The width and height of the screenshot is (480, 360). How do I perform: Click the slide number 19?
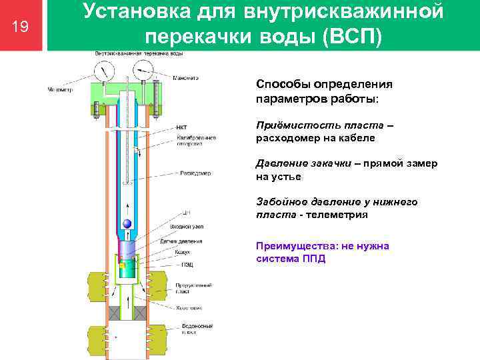[21, 26]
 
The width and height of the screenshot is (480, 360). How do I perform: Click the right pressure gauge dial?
[141, 70]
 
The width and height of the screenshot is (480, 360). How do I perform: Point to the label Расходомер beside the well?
[195, 173]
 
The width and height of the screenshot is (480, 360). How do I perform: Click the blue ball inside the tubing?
[126, 225]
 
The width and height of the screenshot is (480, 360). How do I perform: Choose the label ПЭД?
[182, 264]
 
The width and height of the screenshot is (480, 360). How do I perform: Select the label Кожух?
[183, 252]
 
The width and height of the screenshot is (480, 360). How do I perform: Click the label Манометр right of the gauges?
[186, 78]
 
